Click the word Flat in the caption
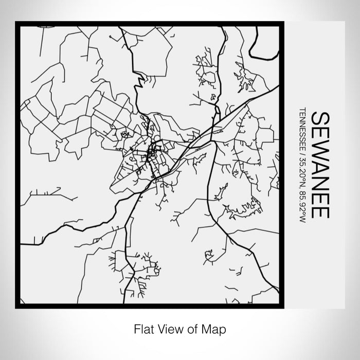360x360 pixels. (142, 328)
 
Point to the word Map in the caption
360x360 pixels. (217, 328)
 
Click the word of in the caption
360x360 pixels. (193, 328)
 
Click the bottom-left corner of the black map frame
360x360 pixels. (17, 306)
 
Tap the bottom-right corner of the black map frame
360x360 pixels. (281, 306)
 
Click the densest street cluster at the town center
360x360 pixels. (152, 152)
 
